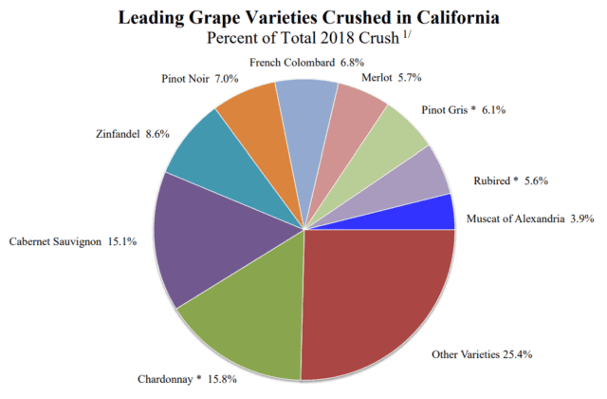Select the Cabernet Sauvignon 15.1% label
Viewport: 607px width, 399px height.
click(x=75, y=241)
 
